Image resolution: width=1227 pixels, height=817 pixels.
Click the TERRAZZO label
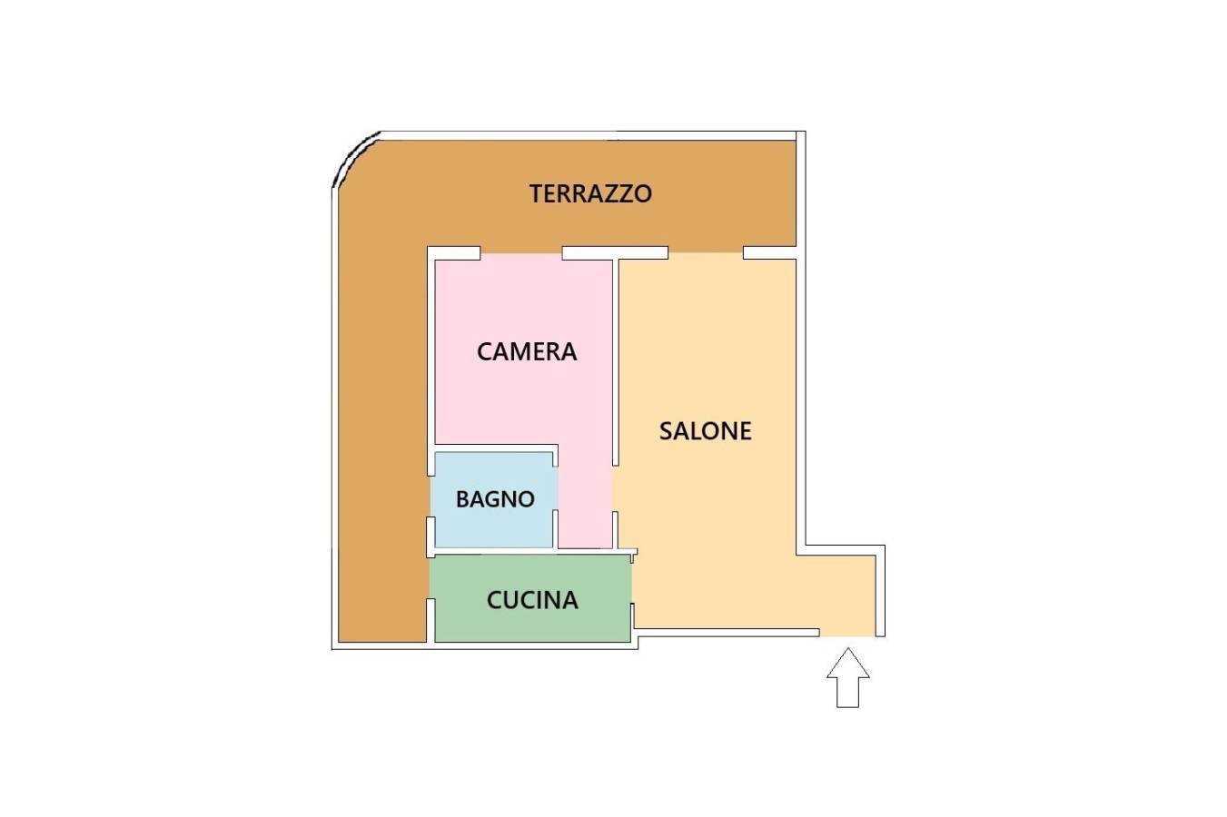coord(590,194)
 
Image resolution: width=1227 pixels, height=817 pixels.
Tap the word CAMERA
coord(527,351)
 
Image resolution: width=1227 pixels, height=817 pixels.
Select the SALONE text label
coord(705,431)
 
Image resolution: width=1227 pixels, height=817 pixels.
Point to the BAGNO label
coord(495,499)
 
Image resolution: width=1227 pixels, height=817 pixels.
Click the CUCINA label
coord(532,600)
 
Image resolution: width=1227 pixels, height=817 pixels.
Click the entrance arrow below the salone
coord(848,678)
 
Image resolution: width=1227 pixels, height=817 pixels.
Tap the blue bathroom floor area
coord(494,499)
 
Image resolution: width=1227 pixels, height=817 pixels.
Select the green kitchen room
coord(530,598)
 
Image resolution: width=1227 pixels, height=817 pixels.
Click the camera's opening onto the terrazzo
coord(521,253)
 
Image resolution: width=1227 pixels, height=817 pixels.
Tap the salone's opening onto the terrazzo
coord(706,253)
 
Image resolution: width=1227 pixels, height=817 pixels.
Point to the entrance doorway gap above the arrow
coord(847,634)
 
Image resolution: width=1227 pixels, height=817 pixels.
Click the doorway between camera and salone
coord(615,489)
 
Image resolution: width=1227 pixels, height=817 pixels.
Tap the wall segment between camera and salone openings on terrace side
coord(615,253)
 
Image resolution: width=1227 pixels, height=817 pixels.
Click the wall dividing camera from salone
coord(615,362)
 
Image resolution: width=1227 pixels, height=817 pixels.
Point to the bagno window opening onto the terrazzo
coord(430,497)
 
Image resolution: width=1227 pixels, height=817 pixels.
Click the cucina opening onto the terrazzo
coord(430,578)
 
